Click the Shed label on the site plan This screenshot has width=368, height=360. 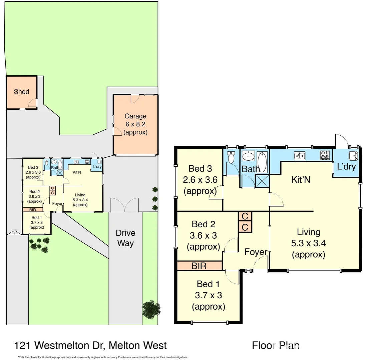[x=21, y=92]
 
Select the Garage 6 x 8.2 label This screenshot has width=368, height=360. [x=135, y=124]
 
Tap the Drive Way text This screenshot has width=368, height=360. [x=125, y=238]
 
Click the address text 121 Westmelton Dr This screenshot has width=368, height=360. [x=90, y=345]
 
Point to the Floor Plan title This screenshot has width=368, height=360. [x=276, y=345]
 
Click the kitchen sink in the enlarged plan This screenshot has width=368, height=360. [x=299, y=155]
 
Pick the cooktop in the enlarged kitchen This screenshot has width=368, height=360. [x=325, y=155]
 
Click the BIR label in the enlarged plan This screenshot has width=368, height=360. [x=199, y=266]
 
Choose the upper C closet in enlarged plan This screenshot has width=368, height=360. [x=245, y=216]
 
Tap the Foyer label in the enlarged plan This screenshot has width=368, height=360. [x=256, y=252]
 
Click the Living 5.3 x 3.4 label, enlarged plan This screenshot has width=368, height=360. [x=309, y=243]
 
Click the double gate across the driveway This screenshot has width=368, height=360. [x=124, y=205]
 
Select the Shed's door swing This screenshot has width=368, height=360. [x=33, y=103]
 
